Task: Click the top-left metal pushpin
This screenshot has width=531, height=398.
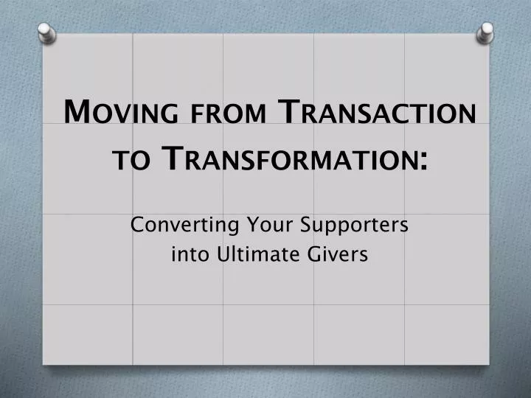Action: (x=45, y=31)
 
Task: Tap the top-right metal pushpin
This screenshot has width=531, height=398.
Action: (x=485, y=31)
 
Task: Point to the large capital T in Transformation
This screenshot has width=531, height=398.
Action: (x=171, y=158)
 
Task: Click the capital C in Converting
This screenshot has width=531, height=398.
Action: (x=137, y=223)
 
